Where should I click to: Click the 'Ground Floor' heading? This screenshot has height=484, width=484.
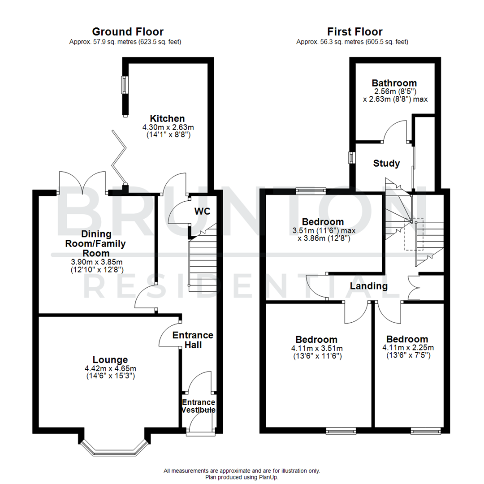128,32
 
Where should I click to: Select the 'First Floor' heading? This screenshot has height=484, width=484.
355,32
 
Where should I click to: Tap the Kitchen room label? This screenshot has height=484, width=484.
167,119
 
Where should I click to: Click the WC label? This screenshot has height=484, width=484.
202,211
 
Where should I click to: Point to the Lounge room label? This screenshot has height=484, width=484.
110,359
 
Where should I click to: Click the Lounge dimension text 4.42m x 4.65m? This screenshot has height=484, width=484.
110,368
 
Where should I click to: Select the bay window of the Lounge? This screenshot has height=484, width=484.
114,449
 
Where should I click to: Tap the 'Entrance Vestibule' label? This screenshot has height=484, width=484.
199,406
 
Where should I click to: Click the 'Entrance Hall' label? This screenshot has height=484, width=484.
193,340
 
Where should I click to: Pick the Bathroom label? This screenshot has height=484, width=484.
394,83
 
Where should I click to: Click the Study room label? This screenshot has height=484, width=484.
386,164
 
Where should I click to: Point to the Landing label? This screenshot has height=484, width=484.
368,286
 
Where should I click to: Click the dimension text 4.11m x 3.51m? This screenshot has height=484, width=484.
316,348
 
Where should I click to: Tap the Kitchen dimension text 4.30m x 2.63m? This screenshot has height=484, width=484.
167,127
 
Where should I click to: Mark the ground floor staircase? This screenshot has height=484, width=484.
202,264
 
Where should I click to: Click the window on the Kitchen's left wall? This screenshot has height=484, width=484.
125,85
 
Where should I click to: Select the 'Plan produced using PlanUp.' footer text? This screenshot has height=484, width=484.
242,477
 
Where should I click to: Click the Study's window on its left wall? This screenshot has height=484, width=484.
352,157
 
